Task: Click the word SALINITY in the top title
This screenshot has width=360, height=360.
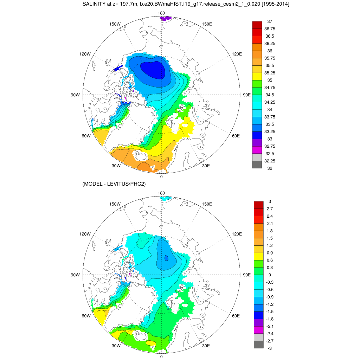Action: [94, 4]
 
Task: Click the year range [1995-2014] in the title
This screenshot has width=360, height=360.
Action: [271, 4]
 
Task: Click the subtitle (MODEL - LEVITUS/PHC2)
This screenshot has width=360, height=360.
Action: [114, 184]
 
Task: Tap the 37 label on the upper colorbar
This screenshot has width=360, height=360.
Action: [270, 21]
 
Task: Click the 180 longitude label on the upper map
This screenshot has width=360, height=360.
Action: [162, 13]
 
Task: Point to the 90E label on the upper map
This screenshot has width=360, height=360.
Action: [246, 95]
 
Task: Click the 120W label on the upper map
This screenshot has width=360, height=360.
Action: [85, 54]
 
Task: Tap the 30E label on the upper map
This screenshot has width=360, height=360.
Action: [206, 166]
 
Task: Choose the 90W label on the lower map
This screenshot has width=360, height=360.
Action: [76, 275]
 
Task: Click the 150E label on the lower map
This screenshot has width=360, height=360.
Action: [207, 204]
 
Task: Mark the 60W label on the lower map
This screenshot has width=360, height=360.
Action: [86, 316]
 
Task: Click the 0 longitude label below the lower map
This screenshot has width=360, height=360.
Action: [161, 356]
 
